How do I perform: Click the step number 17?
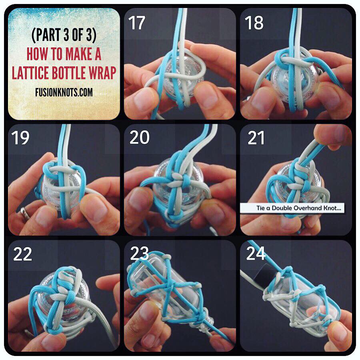[x=137, y=23]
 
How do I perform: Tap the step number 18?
[x=254, y=23]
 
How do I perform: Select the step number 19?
[x=20, y=138]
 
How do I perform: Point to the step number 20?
[x=139, y=138]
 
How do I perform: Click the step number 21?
[x=256, y=138]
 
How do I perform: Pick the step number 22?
[x=22, y=254]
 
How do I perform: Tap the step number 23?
[x=139, y=254]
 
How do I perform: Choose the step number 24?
[x=256, y=254]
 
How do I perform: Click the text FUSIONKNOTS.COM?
[x=64, y=92]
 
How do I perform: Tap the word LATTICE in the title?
[x=30, y=73]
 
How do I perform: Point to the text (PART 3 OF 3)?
[x=64, y=35]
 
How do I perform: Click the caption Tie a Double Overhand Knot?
[x=299, y=208]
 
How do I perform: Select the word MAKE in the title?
[x=79, y=54]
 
